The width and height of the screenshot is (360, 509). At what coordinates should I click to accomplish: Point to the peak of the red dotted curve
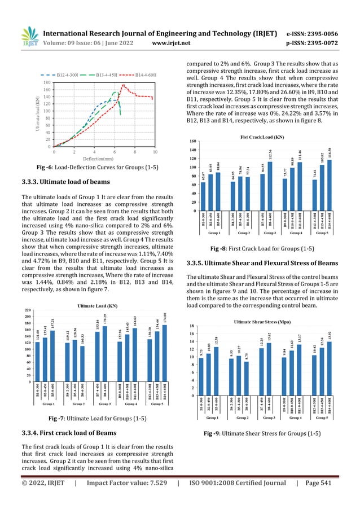(123, 85)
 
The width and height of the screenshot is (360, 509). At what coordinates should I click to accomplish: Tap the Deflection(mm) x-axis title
(104, 160)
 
